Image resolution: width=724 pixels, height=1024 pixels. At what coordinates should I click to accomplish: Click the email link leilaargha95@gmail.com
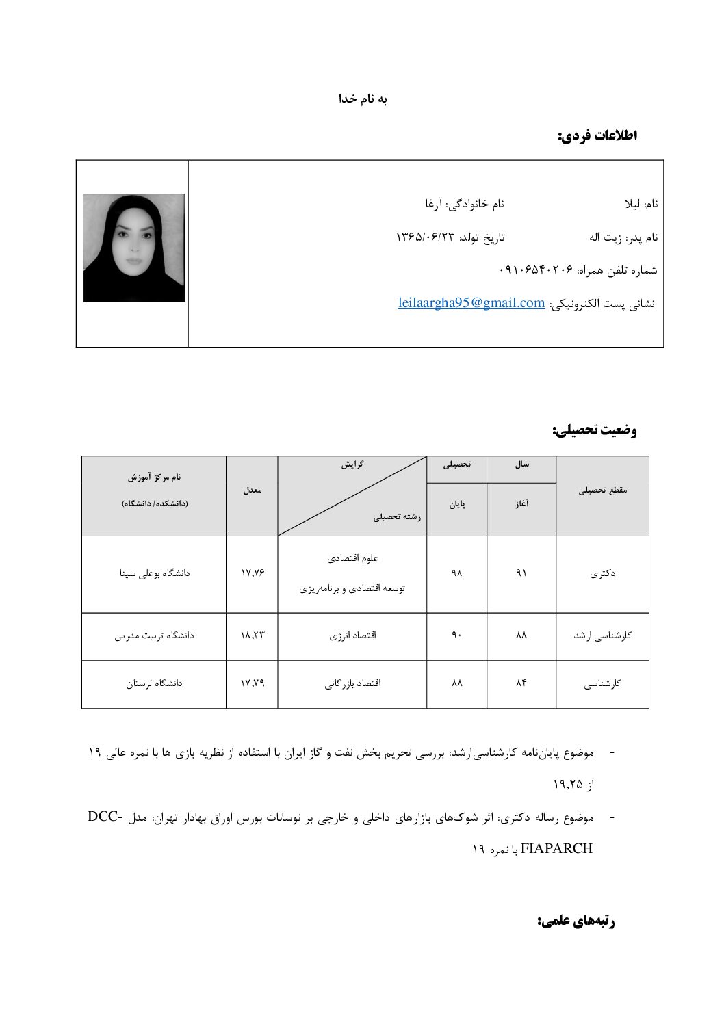click(x=471, y=303)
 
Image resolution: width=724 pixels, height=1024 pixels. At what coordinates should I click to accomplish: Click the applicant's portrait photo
click(x=133, y=248)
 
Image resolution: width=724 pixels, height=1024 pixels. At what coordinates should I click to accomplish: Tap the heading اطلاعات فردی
click(x=597, y=135)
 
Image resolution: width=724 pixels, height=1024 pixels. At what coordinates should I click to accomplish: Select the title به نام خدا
click(x=363, y=99)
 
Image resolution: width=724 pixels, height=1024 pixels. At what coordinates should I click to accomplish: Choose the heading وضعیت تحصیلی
click(x=594, y=430)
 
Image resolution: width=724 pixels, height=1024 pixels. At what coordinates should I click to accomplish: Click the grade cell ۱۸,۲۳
click(x=252, y=635)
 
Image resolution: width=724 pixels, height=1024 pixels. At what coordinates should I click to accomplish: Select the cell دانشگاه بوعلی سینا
click(x=154, y=573)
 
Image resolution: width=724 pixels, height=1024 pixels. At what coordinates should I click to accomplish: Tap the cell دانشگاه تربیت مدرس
click(x=154, y=635)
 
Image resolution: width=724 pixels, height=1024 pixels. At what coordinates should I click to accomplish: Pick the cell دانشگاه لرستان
click(x=154, y=683)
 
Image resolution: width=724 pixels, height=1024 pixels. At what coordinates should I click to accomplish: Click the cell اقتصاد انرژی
click(x=352, y=635)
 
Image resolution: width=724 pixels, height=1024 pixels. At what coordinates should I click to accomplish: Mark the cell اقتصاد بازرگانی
click(x=352, y=683)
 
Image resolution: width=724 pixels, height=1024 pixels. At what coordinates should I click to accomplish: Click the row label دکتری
click(x=602, y=573)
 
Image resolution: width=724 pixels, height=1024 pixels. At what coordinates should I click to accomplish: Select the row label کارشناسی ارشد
click(x=602, y=635)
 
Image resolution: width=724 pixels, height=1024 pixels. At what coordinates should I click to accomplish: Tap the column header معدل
click(x=252, y=490)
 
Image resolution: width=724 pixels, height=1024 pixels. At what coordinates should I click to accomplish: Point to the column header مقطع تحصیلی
click(x=602, y=490)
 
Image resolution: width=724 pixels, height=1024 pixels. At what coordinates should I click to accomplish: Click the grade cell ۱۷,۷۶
click(x=252, y=573)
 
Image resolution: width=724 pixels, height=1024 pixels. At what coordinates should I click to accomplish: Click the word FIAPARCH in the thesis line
click(x=556, y=849)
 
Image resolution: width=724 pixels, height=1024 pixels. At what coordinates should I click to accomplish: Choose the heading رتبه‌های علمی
click(x=576, y=921)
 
